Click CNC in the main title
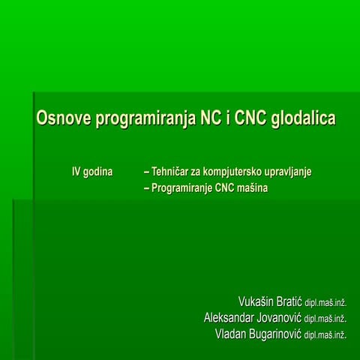point(249,119)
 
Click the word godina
point(97,172)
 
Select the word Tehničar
point(174,172)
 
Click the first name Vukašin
point(255,301)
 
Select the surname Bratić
point(288,301)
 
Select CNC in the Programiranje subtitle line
point(226,188)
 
